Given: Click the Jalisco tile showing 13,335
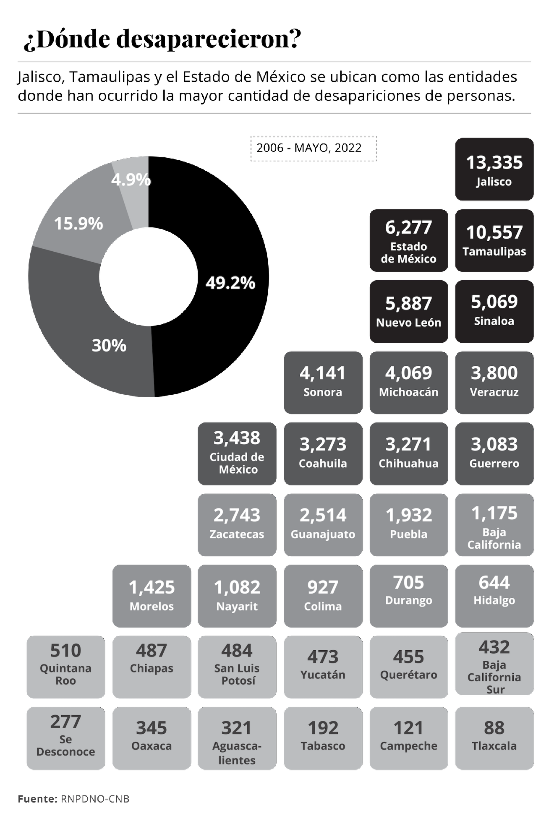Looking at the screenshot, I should pos(494,169).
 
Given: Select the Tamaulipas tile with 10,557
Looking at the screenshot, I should pos(494,241).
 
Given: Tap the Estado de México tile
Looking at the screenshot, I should pos(408,241).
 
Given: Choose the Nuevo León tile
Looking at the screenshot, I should pos(408,312).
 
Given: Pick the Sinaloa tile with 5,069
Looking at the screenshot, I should pos(494,312).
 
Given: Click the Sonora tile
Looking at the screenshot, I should pos(323,383).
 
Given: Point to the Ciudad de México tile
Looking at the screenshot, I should pos(237,454).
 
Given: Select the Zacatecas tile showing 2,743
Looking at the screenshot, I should pos(237,525).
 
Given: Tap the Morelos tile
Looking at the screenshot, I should pos(152,596).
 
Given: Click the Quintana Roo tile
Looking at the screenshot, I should pos(65,667).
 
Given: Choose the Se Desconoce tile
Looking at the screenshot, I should pos(65,738).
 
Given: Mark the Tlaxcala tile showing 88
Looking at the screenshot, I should pos(494,738).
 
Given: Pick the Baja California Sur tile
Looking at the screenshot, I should pos(494,667).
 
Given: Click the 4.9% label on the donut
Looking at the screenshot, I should pos(131,180).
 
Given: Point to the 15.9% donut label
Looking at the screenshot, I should pos(78,224).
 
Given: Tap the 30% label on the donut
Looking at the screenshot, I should pos(109,346).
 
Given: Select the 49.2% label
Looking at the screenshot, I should pos(230,283).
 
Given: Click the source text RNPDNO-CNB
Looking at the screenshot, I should pos(94,799).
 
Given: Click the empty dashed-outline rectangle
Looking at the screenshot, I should pos(313,149).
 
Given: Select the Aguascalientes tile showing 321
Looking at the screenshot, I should pos(237,738).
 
